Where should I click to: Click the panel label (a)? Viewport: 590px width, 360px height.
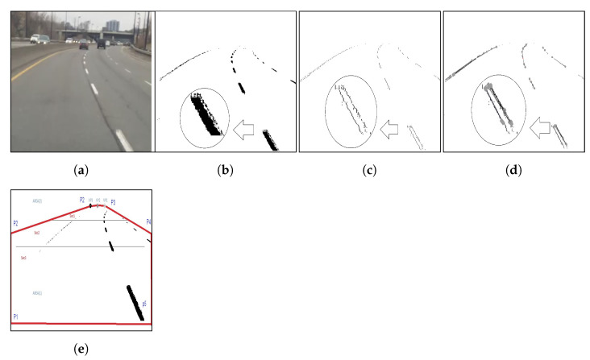coord(81,170)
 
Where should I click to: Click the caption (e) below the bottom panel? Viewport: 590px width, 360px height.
coord(81,349)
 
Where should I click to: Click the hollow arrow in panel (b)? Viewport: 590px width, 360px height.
coord(245,127)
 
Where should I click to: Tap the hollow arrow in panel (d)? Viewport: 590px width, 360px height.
coord(539,127)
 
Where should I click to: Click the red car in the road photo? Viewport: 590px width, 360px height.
coord(84,45)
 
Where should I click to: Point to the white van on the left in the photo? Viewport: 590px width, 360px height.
coord(37,38)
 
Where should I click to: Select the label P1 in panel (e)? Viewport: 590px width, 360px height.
coord(16,317)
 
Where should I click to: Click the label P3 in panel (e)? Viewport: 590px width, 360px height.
coord(113,201)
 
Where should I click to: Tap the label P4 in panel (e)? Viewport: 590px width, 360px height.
coord(148,221)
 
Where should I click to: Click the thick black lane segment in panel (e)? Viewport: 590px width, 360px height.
coord(135,302)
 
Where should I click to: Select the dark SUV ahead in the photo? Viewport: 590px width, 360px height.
coord(102,43)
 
